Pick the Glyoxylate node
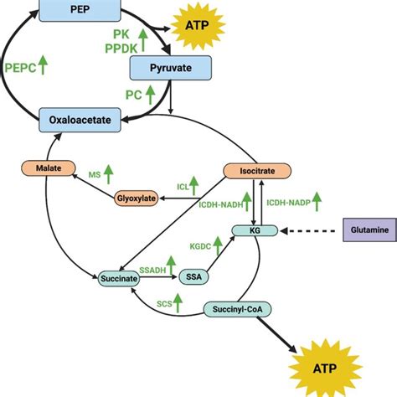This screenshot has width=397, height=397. point(137,198)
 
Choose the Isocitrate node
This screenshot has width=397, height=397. point(257,171)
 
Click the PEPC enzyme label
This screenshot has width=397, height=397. point(19,68)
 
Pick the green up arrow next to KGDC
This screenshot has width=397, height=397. point(219,245)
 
